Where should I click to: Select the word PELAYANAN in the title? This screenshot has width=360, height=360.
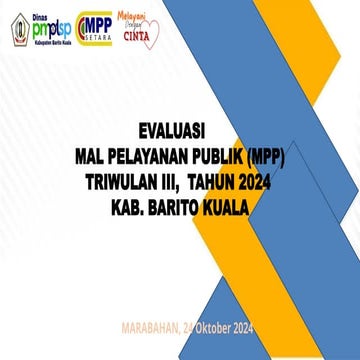coord(149,156)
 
